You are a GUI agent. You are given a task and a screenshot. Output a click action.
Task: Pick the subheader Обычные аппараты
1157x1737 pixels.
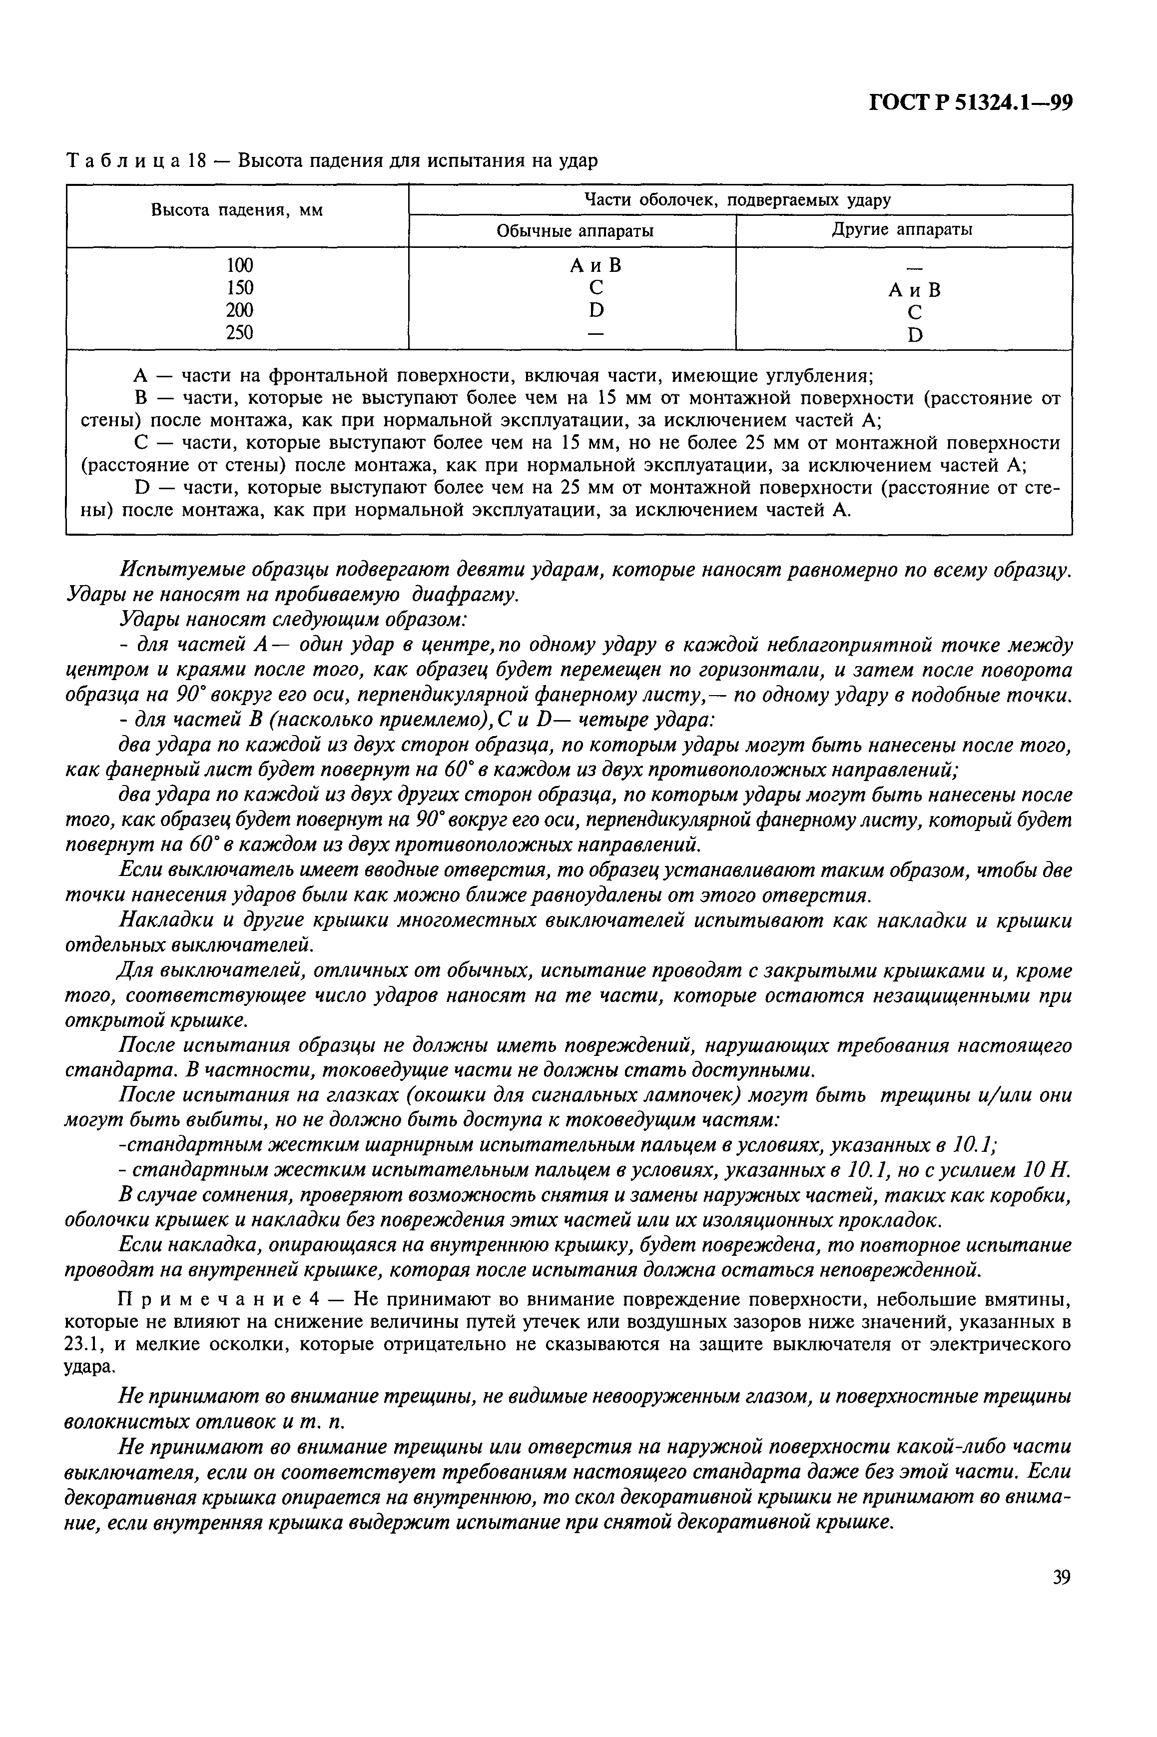(x=575, y=231)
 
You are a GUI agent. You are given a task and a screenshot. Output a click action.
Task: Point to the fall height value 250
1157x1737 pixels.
(x=239, y=333)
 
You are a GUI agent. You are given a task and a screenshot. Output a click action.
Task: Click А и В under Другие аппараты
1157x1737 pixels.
(x=915, y=290)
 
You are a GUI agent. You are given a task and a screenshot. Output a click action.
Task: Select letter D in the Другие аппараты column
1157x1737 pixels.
(x=915, y=336)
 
